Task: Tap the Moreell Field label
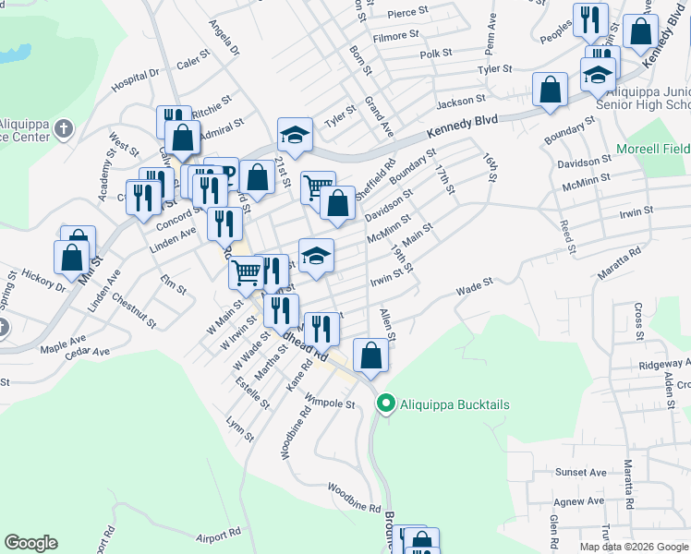click(652, 149)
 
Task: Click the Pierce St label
click(407, 13)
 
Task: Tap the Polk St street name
click(435, 54)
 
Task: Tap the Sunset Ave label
click(581, 472)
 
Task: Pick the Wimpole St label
click(332, 403)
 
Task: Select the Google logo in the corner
click(30, 543)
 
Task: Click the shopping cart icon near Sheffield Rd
click(317, 187)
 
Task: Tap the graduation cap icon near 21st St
click(295, 135)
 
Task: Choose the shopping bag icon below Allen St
click(370, 355)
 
